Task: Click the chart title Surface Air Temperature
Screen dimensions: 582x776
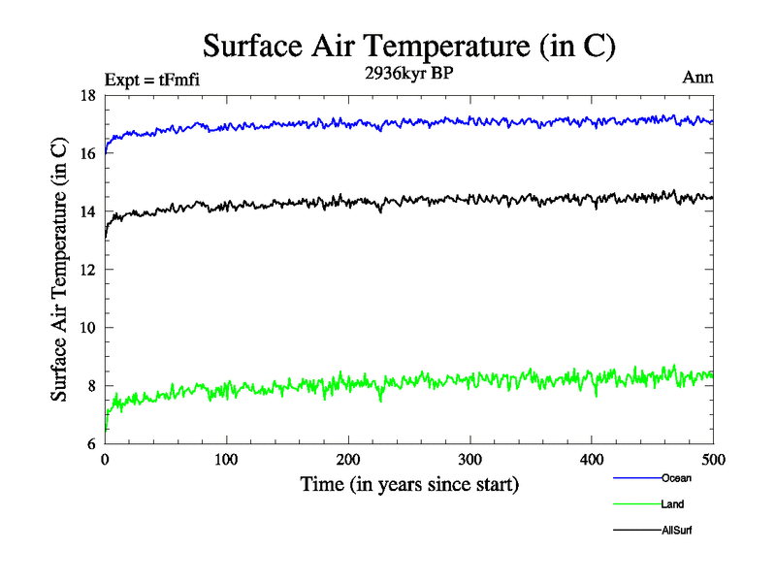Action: pyautogui.click(x=409, y=47)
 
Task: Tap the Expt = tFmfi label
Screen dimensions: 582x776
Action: pyautogui.click(x=153, y=80)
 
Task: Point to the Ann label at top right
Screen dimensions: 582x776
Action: pyautogui.click(x=698, y=79)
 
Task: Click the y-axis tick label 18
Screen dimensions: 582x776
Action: pyautogui.click(x=86, y=95)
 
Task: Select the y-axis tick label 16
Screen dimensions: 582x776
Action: pyautogui.click(x=86, y=153)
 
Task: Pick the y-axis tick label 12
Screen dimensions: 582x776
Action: pyautogui.click(x=86, y=270)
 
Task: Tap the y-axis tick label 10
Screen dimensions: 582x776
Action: pyautogui.click(x=86, y=328)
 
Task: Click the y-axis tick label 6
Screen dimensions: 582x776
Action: pyautogui.click(x=90, y=444)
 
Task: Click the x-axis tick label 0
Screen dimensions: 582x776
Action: pyautogui.click(x=105, y=460)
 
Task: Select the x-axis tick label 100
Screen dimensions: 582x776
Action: pyautogui.click(x=226, y=460)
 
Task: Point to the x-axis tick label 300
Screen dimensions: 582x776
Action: pyautogui.click(x=469, y=460)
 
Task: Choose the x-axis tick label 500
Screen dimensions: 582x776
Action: pyautogui.click(x=713, y=460)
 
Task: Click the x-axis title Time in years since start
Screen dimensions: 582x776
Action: pyautogui.click(x=409, y=483)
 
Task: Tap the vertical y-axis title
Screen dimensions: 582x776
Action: pyautogui.click(x=60, y=270)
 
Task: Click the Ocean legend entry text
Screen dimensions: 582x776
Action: pyautogui.click(x=676, y=477)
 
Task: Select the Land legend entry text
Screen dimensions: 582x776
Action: pyautogui.click(x=672, y=504)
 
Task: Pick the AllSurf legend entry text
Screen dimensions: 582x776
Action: pyautogui.click(x=677, y=531)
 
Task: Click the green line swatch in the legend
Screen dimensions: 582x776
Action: pyautogui.click(x=636, y=504)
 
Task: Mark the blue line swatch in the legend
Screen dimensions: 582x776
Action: pyautogui.click(x=636, y=477)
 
